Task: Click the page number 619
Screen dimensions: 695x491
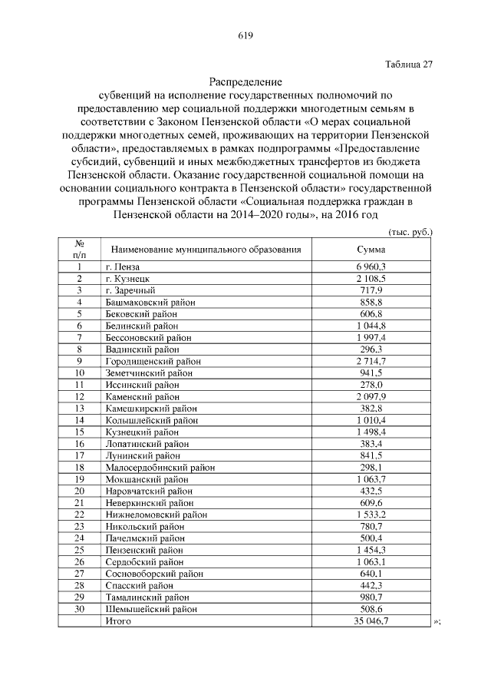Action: tap(245, 35)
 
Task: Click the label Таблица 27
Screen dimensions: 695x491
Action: tap(409, 65)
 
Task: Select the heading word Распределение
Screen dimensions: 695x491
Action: tap(245, 81)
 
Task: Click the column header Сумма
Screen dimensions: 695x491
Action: tap(371, 250)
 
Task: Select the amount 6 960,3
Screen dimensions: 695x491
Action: tap(371, 266)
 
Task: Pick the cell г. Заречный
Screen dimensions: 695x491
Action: tap(130, 290)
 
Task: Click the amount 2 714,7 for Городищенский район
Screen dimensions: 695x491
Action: tap(371, 361)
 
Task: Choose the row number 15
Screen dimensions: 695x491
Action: tap(78, 432)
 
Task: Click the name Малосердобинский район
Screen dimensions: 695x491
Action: tap(160, 467)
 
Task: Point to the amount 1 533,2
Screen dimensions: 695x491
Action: tap(371, 514)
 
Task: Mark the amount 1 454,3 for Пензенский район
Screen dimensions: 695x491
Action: tap(371, 550)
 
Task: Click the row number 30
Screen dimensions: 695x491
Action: tap(78, 609)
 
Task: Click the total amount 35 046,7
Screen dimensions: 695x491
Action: tap(371, 621)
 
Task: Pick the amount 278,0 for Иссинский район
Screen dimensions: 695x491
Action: tap(371, 384)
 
